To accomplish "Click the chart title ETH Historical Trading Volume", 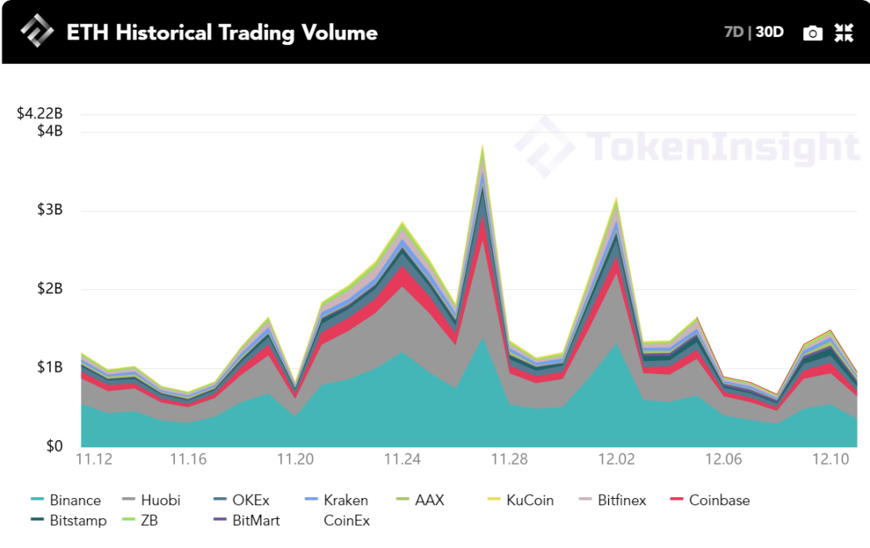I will click(x=222, y=32).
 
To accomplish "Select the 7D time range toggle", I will click(x=734, y=32).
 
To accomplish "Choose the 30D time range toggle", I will click(x=769, y=32).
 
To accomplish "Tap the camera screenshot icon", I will click(x=813, y=33).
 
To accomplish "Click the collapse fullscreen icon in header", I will click(x=843, y=33).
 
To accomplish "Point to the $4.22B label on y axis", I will click(x=39, y=114).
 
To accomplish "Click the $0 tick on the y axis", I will click(x=53, y=446).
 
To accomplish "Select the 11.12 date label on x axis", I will click(x=93, y=459).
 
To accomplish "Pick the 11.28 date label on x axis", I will click(x=509, y=459).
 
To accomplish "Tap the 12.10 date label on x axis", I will click(x=831, y=459).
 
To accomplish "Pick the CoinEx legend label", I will click(x=346, y=521).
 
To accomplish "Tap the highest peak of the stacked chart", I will click(x=483, y=147).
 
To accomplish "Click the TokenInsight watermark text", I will click(x=723, y=147).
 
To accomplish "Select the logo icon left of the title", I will click(x=36, y=32).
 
